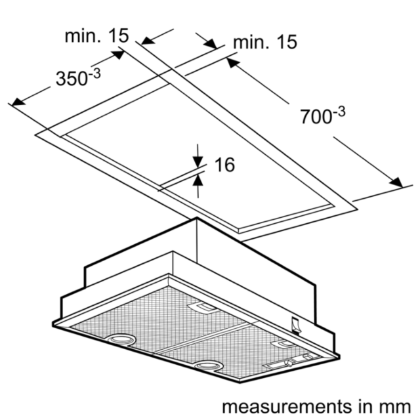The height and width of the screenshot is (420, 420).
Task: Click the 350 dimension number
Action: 72,79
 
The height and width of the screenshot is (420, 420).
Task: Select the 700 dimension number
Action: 316,117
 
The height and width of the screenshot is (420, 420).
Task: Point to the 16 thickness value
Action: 224,165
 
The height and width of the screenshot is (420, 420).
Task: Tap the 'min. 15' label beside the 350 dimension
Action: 96,35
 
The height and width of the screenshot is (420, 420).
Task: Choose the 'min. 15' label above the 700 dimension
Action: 265,42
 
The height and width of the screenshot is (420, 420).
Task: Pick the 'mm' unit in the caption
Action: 394,407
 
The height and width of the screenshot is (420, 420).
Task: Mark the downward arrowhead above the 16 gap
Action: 198,161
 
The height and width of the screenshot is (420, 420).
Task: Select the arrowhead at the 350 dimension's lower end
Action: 18,102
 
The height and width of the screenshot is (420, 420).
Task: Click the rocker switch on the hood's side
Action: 296,325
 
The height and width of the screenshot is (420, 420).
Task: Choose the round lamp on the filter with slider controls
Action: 207,366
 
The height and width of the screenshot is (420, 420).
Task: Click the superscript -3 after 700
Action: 339,112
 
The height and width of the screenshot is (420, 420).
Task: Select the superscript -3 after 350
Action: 94,74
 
